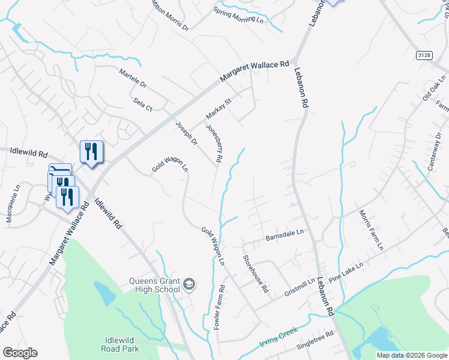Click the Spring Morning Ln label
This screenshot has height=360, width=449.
point(238,15)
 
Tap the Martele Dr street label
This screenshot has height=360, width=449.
point(133,79)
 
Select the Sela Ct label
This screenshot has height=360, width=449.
point(143,104)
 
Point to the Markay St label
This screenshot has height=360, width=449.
point(218,108)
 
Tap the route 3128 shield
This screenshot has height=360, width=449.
point(424,55)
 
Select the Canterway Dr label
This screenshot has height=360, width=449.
point(435,155)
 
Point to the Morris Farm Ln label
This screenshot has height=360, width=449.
point(371,230)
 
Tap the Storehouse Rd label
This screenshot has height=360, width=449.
point(255,273)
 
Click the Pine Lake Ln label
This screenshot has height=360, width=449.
point(346,271)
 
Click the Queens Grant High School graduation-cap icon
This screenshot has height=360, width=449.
point(190,284)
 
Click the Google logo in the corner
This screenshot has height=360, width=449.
point(20,353)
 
